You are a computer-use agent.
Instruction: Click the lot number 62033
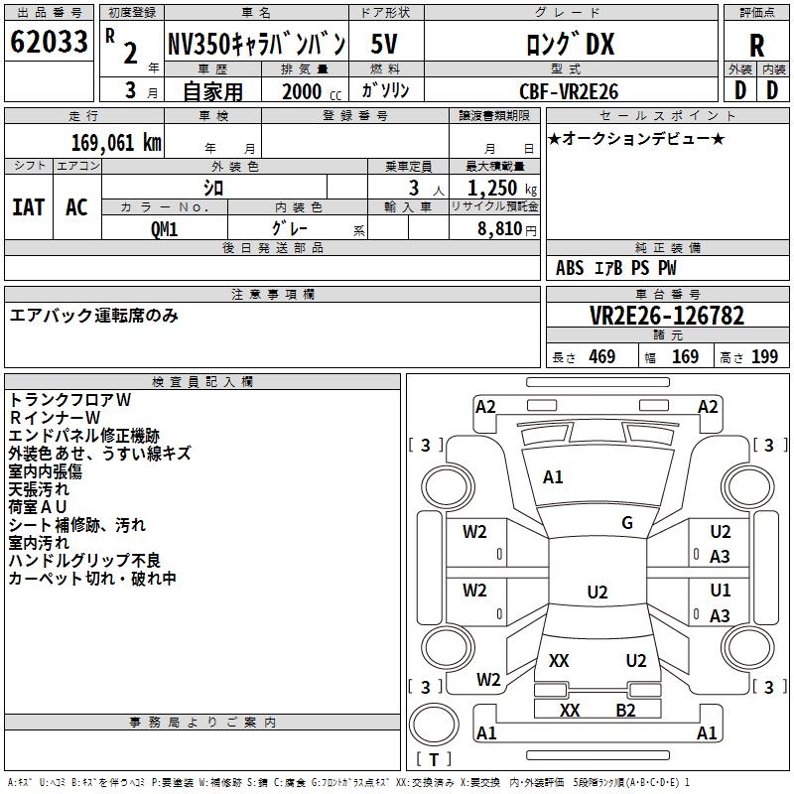(x=49, y=42)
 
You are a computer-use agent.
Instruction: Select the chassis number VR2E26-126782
(x=666, y=316)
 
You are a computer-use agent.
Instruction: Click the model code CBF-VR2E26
(x=570, y=91)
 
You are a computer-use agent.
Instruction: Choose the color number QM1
(x=165, y=228)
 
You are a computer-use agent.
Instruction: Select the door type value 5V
(x=385, y=44)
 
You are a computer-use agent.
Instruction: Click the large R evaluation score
(x=756, y=46)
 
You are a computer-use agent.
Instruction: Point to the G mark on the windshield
(x=627, y=523)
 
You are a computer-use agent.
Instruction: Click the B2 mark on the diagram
(x=625, y=710)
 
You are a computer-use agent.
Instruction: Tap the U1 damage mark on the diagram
(x=721, y=590)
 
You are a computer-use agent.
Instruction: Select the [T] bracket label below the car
(x=435, y=759)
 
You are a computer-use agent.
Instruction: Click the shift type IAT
(x=28, y=206)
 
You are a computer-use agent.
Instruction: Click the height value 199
(x=764, y=357)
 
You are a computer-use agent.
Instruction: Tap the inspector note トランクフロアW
(x=69, y=399)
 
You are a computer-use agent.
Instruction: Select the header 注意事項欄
(x=273, y=295)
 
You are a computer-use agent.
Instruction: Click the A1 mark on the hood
(x=553, y=477)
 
